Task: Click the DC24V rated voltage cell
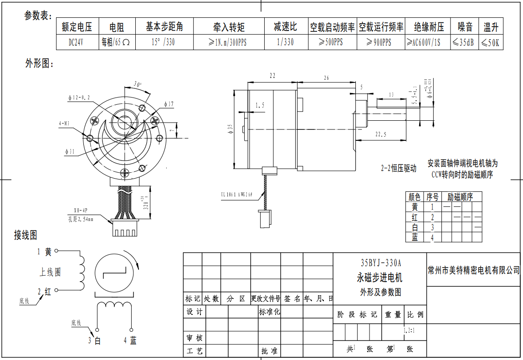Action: coord(77,42)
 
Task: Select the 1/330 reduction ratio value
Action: coord(285,42)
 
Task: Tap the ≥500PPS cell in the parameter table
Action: coord(332,42)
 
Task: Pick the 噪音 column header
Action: coord(465,27)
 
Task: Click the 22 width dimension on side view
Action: coord(272,76)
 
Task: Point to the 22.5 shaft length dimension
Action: coord(381,134)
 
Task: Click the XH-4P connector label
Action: coord(80,211)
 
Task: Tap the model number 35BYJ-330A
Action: coord(380,263)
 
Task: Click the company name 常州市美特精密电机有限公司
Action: coord(474,270)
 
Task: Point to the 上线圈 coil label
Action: coord(50,272)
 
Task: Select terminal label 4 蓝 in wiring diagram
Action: coord(130,340)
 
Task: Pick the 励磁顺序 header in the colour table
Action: coord(460,197)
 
